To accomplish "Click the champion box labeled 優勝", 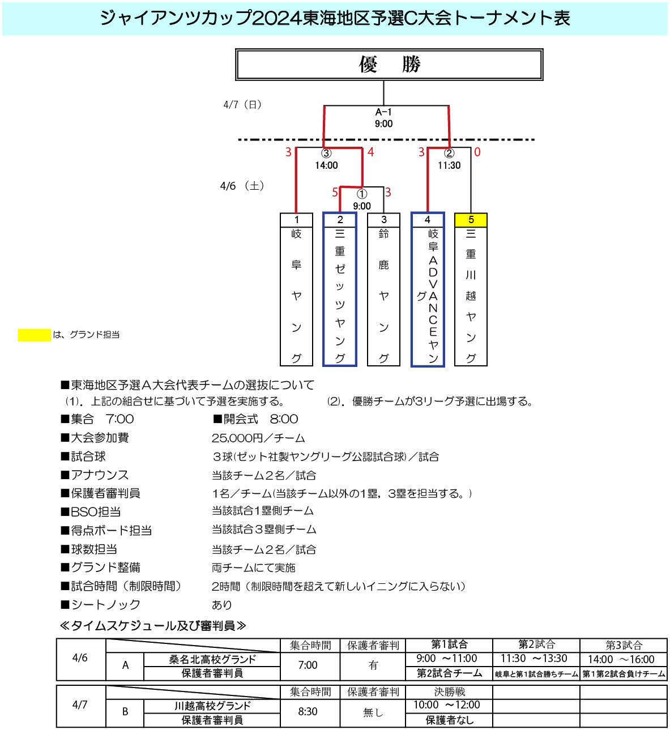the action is [x=389, y=65].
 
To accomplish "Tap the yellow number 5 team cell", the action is [x=471, y=220].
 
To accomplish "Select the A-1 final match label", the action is [x=383, y=112].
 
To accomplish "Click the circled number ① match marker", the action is [x=361, y=194].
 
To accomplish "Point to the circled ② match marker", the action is [x=449, y=153].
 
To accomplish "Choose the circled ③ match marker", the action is [x=326, y=153].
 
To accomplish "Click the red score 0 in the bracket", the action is [x=477, y=152].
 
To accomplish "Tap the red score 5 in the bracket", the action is [x=335, y=192].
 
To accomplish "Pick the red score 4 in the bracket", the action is [x=370, y=152].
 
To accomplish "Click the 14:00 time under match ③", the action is [x=326, y=165].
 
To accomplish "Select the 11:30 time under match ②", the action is [x=449, y=165].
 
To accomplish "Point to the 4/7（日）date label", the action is [x=242, y=105].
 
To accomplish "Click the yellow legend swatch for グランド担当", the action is [x=34, y=335].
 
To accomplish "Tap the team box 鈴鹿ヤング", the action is [x=383, y=289].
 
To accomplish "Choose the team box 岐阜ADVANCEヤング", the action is [x=427, y=289].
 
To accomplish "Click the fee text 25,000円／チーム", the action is [x=258, y=438].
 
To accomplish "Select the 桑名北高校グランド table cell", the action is [x=212, y=659].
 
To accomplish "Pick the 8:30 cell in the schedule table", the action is [x=308, y=711].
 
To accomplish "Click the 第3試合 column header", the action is [x=624, y=645].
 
